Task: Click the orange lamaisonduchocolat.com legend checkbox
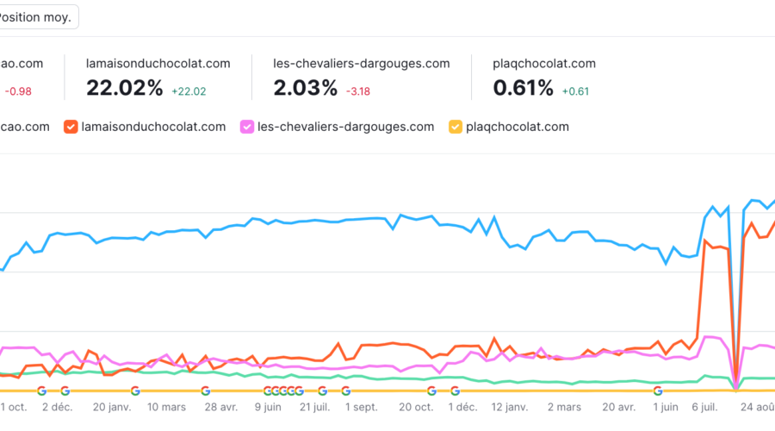point(71,127)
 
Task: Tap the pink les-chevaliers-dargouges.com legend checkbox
point(248,127)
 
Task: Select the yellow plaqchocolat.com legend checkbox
point(455,127)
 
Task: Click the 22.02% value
point(124,87)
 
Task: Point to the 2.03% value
point(305,87)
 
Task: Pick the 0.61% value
point(523,87)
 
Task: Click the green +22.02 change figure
point(189,91)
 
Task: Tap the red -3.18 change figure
point(359,91)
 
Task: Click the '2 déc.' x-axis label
point(59,407)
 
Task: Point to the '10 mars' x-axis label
point(166,407)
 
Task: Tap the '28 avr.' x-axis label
point(220,407)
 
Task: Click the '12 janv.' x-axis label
point(510,407)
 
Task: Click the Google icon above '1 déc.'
point(455,390)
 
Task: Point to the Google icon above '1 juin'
point(657,390)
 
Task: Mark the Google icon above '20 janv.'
point(135,390)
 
